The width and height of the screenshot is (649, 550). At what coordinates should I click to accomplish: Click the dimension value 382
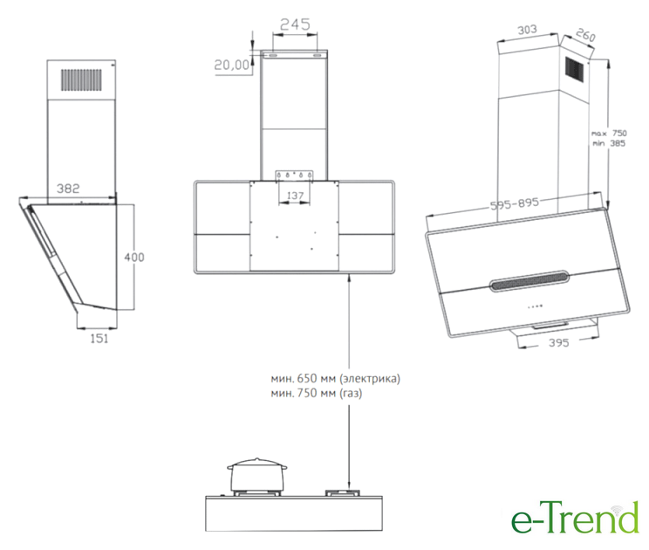pyautogui.click(x=68, y=189)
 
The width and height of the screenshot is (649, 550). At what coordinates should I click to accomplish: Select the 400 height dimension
pyautogui.click(x=134, y=258)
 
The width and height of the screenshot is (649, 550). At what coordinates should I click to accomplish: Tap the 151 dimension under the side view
pyautogui.click(x=99, y=339)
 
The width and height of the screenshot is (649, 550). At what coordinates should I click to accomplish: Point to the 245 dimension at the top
pyautogui.click(x=295, y=24)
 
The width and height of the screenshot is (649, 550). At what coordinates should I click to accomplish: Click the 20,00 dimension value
pyautogui.click(x=232, y=65)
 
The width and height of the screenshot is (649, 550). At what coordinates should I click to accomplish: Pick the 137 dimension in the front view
pyautogui.click(x=295, y=195)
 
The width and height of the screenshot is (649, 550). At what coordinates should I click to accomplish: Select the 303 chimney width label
pyautogui.click(x=527, y=30)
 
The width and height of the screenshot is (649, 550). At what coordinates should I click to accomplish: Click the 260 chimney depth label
pyautogui.click(x=585, y=35)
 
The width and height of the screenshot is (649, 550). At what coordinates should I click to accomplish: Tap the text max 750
pyautogui.click(x=609, y=134)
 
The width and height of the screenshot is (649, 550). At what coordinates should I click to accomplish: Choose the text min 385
pyautogui.click(x=609, y=143)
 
